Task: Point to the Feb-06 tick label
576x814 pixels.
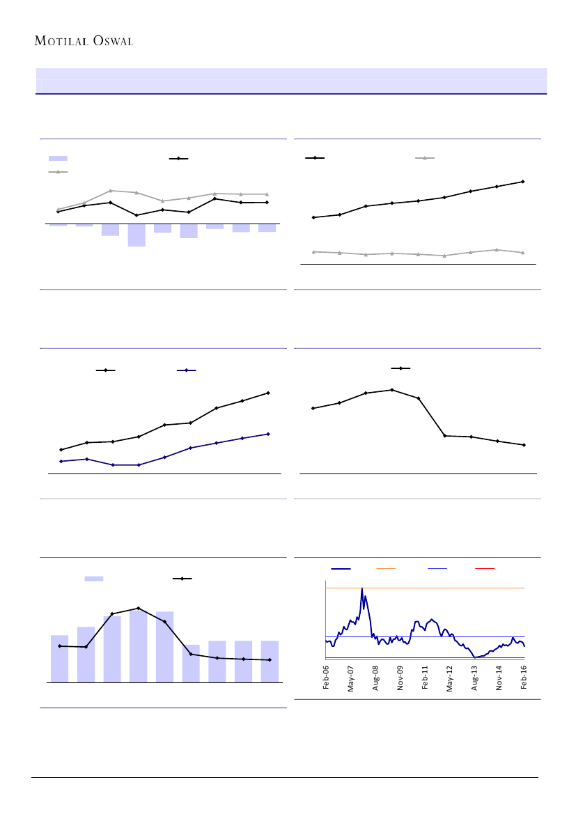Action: pos(326,678)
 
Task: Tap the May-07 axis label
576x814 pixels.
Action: pos(351,678)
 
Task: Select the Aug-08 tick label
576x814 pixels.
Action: pos(376,678)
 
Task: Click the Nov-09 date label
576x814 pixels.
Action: pos(400,678)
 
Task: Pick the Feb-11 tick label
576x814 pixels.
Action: pos(426,678)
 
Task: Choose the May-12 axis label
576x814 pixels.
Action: pos(450,678)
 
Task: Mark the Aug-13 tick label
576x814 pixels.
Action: pos(475,678)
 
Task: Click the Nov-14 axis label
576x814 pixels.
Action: pos(499,678)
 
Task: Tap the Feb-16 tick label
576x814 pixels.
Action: pos(524,678)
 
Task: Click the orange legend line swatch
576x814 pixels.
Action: pos(385,569)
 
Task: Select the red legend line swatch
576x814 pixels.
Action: pos(484,569)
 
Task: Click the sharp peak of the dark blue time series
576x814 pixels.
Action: pos(362,589)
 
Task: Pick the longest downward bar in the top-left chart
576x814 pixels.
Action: pos(137,235)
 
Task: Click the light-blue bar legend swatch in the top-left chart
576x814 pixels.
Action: pos(58,159)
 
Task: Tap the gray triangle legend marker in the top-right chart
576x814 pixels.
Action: pos(425,158)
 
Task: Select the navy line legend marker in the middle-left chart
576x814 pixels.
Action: pos(187,370)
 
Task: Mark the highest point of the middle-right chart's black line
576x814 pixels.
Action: pos(392,390)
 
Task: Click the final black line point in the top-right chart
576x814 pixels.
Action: pos(522,182)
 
